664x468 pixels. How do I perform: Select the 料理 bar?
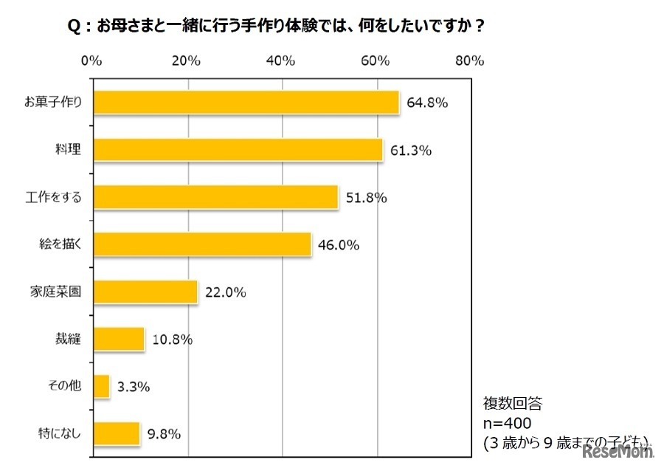click(x=238, y=150)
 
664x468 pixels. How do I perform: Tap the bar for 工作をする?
click(x=215, y=197)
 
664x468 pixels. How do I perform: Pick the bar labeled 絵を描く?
click(x=201, y=244)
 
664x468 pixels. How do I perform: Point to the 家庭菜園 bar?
click(x=145, y=292)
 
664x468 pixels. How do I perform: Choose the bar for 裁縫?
click(x=118, y=339)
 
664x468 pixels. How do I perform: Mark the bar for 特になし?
click(x=116, y=433)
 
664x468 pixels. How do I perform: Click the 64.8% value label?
click(x=426, y=103)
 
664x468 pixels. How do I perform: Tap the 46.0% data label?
click(x=339, y=245)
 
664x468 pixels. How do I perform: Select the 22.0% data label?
click(x=225, y=292)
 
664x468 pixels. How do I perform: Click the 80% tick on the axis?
click(x=469, y=61)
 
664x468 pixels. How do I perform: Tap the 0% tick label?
click(x=91, y=61)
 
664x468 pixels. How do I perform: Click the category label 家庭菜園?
click(x=60, y=292)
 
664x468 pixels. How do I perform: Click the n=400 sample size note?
click(x=510, y=423)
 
